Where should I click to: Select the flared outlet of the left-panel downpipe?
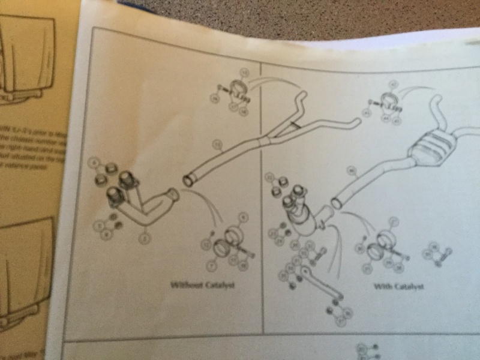174,194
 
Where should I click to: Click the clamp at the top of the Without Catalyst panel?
236,93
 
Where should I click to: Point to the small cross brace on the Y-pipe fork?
293,125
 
